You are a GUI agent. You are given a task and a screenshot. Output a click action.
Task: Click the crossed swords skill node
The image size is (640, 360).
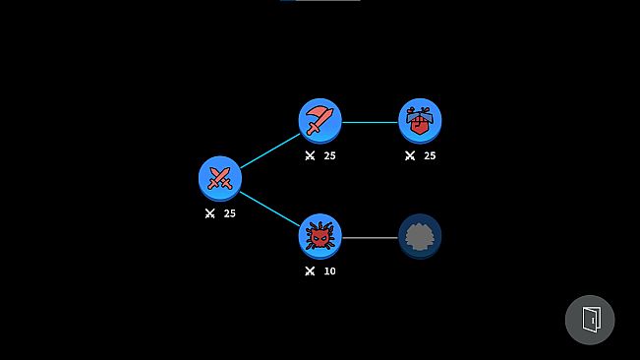click(x=219, y=178)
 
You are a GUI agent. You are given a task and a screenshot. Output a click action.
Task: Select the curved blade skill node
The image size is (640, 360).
click(x=320, y=120)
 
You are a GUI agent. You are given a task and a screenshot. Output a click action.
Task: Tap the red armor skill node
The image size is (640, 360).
click(x=420, y=120)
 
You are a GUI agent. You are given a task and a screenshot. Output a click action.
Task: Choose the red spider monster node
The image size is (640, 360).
click(x=320, y=235)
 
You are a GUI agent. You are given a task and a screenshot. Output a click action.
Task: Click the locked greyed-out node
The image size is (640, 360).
click(x=420, y=235)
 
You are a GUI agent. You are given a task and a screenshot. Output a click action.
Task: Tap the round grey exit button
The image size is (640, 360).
click(x=590, y=320)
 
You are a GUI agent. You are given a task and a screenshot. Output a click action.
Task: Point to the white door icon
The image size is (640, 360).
click(x=591, y=320)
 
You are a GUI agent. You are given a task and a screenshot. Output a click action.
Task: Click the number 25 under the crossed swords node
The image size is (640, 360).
click(x=230, y=213)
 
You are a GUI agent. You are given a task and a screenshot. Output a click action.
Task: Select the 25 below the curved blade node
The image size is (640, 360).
click(x=330, y=155)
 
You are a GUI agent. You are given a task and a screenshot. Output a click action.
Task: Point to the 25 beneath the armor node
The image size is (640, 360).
click(x=430, y=155)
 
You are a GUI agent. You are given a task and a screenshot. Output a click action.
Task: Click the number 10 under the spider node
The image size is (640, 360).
click(x=329, y=270)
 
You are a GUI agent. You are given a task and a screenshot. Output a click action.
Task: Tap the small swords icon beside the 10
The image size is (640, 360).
click(x=310, y=270)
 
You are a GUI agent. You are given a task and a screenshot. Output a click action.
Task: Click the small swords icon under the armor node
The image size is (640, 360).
click(x=410, y=155)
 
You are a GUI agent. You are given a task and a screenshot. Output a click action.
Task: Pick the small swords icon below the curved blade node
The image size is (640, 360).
click(x=310, y=155)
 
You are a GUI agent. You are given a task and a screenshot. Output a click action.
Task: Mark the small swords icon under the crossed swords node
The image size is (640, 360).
click(x=209, y=213)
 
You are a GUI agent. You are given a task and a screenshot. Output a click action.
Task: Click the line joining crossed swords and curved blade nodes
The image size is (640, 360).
click(x=269, y=150)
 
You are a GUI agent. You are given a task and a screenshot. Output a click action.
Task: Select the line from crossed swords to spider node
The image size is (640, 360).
click(x=269, y=207)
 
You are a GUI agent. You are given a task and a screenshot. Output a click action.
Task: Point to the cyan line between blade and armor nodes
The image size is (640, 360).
click(x=370, y=122)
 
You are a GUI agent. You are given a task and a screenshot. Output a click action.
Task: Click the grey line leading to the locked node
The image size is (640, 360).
click(x=370, y=237)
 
